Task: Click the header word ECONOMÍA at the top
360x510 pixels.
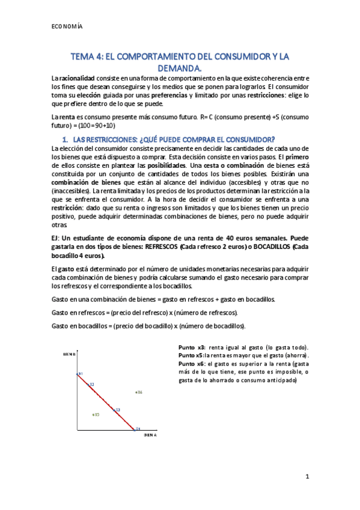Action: [67, 27]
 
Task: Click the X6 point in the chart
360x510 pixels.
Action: [139, 392]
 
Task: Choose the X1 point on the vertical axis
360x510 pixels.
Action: [79, 373]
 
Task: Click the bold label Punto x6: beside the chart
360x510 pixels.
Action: [192, 364]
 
